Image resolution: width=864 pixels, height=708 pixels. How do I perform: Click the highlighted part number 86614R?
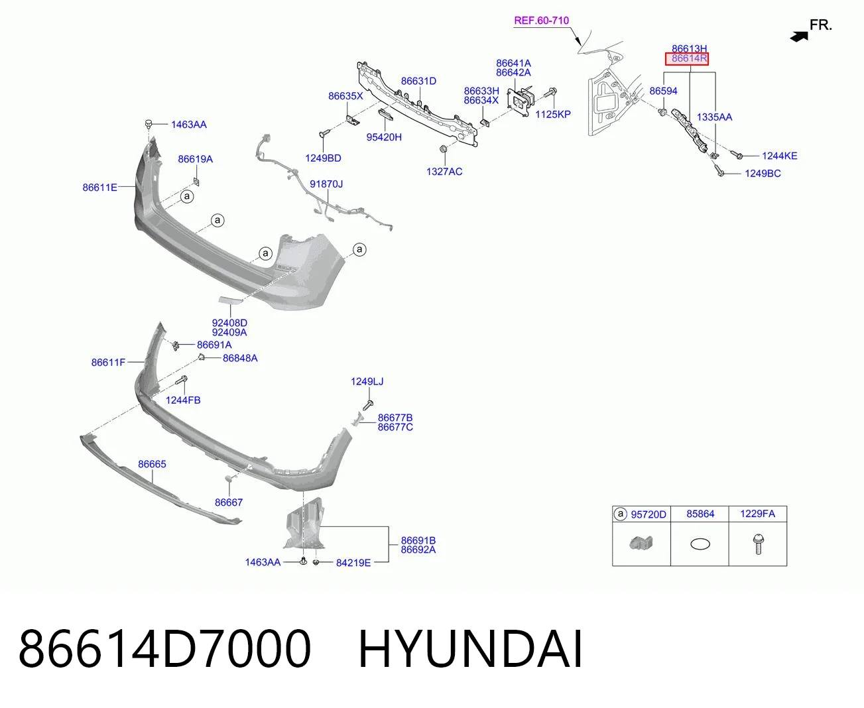[689, 58]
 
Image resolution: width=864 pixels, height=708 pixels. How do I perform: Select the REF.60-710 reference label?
[541, 21]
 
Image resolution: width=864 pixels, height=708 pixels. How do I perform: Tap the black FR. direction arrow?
[799, 36]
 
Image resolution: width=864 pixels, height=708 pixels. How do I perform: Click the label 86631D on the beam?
[418, 81]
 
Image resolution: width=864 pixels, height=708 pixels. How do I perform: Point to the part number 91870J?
[326, 184]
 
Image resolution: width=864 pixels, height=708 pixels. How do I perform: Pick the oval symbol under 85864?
[700, 544]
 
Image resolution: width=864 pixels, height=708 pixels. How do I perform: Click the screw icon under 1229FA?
[758, 544]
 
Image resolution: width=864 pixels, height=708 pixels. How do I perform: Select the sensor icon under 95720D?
[641, 543]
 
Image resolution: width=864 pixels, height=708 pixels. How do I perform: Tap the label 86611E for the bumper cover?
[99, 188]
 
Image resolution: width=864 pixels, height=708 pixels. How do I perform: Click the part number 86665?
[152, 464]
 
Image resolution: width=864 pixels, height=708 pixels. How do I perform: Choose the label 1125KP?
[552, 114]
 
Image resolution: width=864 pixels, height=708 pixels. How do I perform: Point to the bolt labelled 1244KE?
[737, 154]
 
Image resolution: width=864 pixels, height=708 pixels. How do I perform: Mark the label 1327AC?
[444, 172]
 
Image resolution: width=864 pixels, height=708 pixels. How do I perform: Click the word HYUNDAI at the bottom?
[470, 650]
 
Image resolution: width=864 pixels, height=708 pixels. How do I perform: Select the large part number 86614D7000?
[164, 650]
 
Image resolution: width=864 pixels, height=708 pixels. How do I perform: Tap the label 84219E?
[353, 563]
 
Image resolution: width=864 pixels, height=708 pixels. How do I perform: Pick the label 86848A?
[240, 358]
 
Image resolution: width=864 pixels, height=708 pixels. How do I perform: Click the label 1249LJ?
[367, 382]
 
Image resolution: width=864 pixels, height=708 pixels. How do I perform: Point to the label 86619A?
[195, 159]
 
